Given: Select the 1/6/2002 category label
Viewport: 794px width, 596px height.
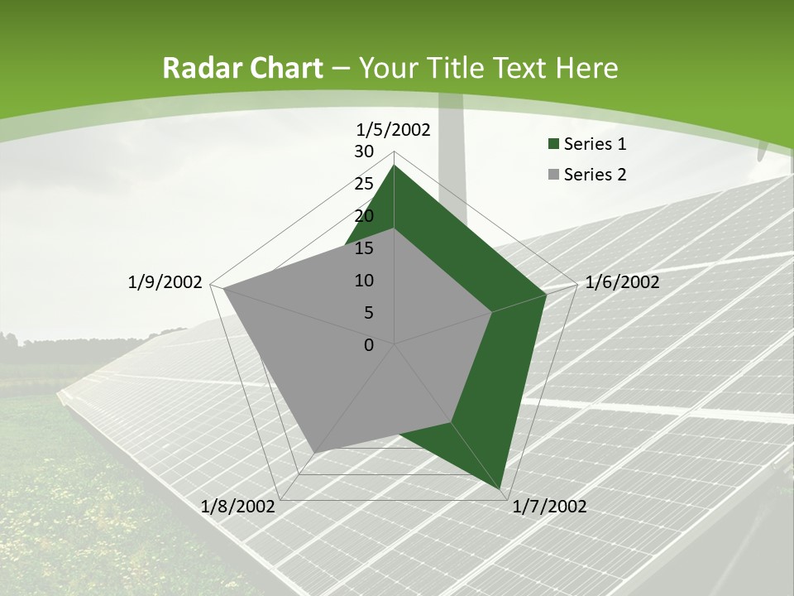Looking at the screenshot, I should (x=622, y=282).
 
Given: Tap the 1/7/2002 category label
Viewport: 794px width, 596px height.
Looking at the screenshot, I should (x=549, y=507).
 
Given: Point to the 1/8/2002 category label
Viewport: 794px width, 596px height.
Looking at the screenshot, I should (x=237, y=507).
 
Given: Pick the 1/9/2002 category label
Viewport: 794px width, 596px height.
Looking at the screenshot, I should (x=165, y=282).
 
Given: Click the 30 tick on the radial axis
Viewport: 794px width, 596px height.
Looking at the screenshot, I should (x=364, y=151).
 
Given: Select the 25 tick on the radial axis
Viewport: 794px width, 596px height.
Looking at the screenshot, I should (x=364, y=184).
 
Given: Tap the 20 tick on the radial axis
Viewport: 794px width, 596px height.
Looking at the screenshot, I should (x=364, y=216).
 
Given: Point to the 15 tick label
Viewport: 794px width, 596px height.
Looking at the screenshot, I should (x=364, y=248).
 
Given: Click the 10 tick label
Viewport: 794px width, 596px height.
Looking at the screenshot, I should (x=364, y=281).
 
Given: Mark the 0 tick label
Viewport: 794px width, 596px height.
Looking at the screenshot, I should (x=369, y=345).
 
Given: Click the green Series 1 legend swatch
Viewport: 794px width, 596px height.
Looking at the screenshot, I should (x=553, y=145).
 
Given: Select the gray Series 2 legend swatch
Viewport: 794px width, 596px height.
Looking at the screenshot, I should (x=553, y=175).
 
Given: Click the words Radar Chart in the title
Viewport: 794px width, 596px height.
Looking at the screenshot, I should (x=242, y=68).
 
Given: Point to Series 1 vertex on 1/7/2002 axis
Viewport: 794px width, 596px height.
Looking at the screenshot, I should (x=502, y=489).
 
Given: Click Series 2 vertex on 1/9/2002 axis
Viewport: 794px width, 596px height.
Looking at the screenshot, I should (x=222, y=288).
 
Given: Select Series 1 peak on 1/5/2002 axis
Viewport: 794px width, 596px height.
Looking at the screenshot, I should (x=395, y=166).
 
